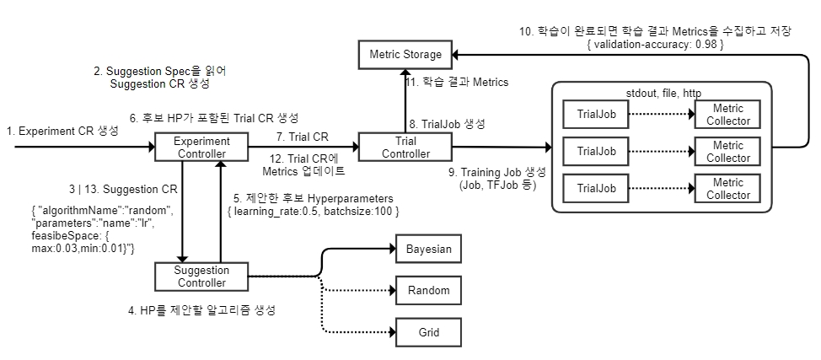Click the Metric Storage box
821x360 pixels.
(405, 55)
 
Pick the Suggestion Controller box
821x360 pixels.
(201, 275)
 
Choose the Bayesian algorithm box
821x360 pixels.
(429, 250)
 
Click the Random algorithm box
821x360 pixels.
(429, 291)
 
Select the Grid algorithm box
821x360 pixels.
(429, 331)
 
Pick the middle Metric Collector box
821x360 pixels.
(727, 152)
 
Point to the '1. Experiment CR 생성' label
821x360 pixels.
(62, 132)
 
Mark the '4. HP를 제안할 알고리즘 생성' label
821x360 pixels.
(202, 310)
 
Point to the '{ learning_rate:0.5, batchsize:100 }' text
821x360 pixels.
(314, 210)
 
